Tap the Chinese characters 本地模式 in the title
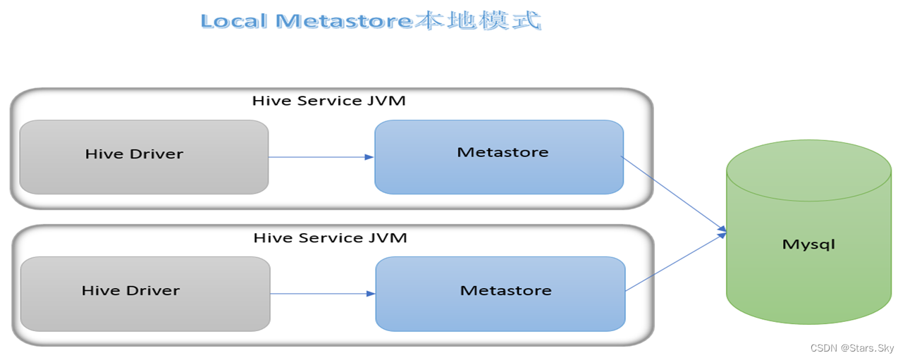476,20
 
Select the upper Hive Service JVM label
328,101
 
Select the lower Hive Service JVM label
330,237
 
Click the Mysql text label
808,244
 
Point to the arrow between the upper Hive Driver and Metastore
321,157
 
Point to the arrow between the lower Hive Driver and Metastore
322,293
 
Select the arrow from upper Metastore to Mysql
673,192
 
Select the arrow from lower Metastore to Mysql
675,262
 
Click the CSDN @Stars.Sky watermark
851,348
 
